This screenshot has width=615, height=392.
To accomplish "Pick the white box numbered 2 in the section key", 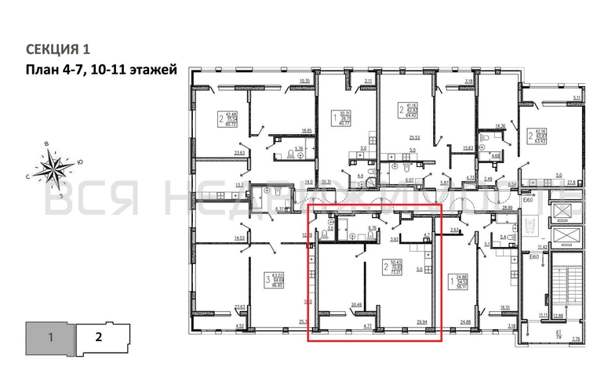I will point(99,339).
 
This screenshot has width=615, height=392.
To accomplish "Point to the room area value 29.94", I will point(422,321).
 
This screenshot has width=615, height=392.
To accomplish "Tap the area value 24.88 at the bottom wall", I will point(465,321).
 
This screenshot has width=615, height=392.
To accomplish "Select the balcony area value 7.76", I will point(576,339).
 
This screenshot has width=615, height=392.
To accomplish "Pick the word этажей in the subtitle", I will point(149,70).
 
